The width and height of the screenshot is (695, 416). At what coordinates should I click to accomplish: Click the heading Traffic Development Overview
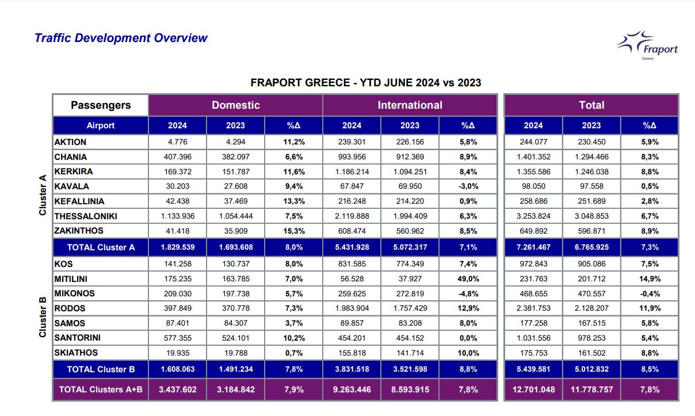pyautogui.click(x=121, y=38)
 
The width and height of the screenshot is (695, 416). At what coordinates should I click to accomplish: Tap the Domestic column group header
pyautogui.click(x=235, y=105)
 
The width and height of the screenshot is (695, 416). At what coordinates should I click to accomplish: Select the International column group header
pyautogui.click(x=410, y=105)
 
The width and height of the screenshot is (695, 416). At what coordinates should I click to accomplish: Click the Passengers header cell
pyautogui.click(x=101, y=105)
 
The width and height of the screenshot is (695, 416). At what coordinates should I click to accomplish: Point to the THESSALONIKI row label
pyautogui.click(x=86, y=216)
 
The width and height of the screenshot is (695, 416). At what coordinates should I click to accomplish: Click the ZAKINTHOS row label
pyautogui.click(x=78, y=231)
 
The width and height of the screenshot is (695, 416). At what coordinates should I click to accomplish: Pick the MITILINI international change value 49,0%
pyautogui.click(x=468, y=279)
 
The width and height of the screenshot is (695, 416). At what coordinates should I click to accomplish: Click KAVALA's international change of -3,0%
pyautogui.click(x=468, y=186)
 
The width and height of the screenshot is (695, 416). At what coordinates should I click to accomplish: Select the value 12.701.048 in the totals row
pyautogui.click(x=533, y=390)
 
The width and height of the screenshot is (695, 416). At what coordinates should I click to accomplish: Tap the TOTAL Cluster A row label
pyautogui.click(x=101, y=247)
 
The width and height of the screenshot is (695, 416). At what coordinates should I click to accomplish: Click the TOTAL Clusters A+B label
pyautogui.click(x=101, y=390)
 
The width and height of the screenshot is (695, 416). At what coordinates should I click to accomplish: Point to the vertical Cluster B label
pyautogui.click(x=43, y=316)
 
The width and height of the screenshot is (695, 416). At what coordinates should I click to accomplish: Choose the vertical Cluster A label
pyautogui.click(x=43, y=195)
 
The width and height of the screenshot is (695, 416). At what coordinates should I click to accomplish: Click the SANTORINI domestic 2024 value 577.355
pyautogui.click(x=177, y=338)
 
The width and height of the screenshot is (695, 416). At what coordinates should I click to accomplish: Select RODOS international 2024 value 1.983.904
pyautogui.click(x=352, y=308)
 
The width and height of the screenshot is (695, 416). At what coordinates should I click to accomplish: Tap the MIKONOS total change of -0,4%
pyautogui.click(x=650, y=294)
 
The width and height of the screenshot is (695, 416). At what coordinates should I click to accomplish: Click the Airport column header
pyautogui.click(x=101, y=125)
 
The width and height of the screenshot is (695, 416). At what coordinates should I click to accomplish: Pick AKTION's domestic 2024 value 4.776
pyautogui.click(x=177, y=142)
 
